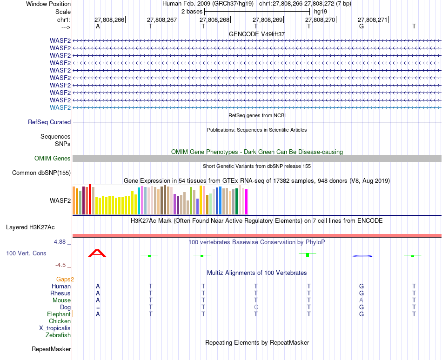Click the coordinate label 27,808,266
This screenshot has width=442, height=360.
109,20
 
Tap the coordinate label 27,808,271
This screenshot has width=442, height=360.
372,20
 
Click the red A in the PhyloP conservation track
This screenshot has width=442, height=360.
98,253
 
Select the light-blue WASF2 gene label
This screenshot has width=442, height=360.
60,107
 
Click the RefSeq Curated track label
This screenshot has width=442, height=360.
49,122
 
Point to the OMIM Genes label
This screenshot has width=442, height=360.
53,159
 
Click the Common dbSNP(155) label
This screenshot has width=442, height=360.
41,173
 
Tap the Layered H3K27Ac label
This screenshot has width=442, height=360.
30,227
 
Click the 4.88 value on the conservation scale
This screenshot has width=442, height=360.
61,242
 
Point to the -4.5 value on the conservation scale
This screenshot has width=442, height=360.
60,265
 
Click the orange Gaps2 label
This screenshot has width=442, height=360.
66,280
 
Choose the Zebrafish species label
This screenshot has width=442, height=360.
58,335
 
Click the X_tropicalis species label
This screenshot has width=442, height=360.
55,328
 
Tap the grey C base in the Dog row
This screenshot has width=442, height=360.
256,307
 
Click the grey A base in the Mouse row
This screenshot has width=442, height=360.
361,300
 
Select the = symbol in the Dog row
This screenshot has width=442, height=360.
98,307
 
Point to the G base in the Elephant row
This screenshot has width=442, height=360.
361,314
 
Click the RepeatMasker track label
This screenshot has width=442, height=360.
51,349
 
